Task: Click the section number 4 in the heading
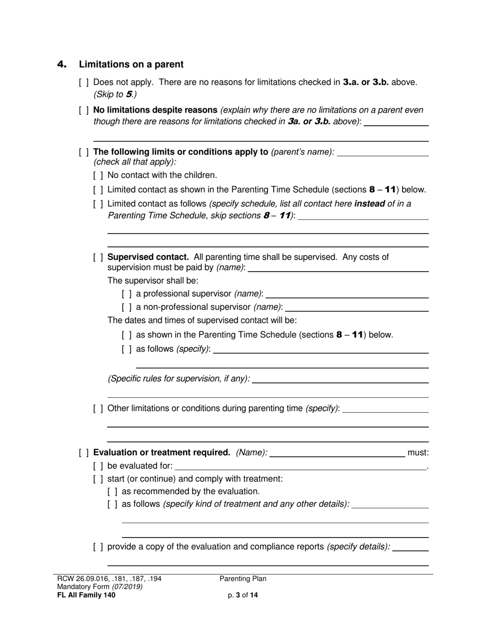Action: (61, 64)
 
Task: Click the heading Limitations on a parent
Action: (131, 64)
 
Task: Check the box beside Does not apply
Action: (84, 82)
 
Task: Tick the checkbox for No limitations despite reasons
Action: (84, 110)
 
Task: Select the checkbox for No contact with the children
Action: (98, 175)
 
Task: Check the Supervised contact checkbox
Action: (98, 257)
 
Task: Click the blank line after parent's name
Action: (383, 152)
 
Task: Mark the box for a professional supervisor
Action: (127, 294)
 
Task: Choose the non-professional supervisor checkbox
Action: (127, 307)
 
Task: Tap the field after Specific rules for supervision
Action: (340, 379)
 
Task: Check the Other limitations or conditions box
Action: (98, 409)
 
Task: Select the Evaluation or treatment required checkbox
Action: (84, 453)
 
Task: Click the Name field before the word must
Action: (337, 453)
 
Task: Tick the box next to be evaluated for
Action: (98, 466)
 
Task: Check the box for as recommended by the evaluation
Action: (113, 491)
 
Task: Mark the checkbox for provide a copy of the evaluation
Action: (98, 547)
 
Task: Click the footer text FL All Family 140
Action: (86, 595)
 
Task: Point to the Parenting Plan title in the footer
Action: (243, 579)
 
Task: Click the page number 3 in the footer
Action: (238, 595)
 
